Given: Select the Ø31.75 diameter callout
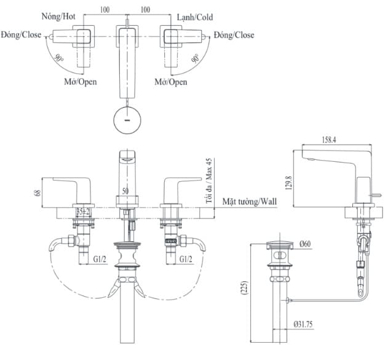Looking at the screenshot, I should pyautogui.click(x=306, y=324).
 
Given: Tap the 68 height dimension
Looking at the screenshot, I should pyautogui.click(x=37, y=193).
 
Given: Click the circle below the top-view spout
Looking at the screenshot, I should pyautogui.click(x=127, y=119).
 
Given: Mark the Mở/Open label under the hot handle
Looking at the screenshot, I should pyautogui.click(x=81, y=81).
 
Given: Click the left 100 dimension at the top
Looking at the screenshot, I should pyautogui.click(x=105, y=10).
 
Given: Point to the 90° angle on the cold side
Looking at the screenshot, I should pyautogui.click(x=196, y=60).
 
